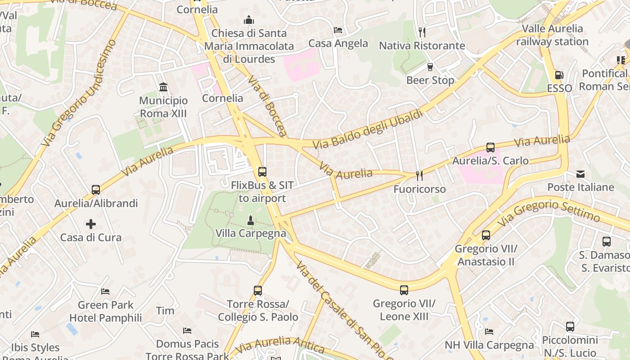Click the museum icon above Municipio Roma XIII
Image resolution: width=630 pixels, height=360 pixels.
click(163, 86)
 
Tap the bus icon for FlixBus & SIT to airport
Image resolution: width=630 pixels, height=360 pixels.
click(262, 171)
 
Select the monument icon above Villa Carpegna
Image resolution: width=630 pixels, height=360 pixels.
click(251, 220)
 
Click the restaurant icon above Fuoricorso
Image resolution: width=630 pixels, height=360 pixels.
click(419, 175)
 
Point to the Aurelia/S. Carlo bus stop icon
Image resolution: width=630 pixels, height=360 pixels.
click(490, 147)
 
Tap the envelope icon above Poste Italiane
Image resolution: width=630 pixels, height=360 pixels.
click(580, 174)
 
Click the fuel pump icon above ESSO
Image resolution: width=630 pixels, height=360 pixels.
click(559, 75)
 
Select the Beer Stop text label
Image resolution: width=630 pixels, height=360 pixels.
click(430, 80)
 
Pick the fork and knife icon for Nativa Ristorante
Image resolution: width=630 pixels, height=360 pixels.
click(422, 32)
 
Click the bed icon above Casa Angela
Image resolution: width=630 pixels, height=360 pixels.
click(338, 30)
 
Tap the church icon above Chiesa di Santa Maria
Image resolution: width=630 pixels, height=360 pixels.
click(249, 20)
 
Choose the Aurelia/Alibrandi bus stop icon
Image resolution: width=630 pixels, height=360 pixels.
click(96, 190)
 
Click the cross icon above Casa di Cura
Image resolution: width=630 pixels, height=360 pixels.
click(91, 224)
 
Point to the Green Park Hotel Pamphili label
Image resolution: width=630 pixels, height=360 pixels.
click(105, 311)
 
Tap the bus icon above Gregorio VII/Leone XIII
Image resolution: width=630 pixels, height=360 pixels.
click(404, 290)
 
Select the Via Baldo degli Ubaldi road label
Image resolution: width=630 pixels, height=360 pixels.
click(369, 129)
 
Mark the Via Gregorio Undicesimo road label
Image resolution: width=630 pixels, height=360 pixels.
click(79, 93)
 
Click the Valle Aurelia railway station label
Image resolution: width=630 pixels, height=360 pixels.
click(552, 35)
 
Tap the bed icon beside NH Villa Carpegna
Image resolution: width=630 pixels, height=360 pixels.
click(489, 332)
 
